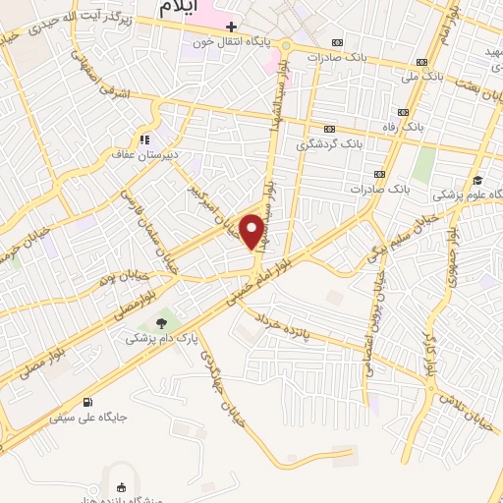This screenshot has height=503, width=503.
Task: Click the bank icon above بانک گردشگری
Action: pos(329,128)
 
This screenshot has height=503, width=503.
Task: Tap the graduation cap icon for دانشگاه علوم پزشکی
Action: pos(477,180)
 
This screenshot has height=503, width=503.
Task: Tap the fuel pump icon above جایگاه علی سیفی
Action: pos(89,401)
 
